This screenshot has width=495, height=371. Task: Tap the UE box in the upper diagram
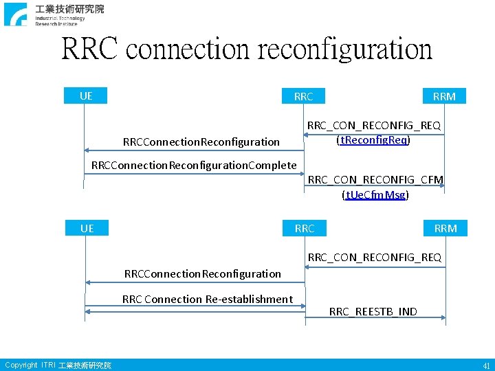pyautogui.click(x=86, y=96)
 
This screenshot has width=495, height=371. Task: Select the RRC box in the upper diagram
pyautogui.click(x=303, y=97)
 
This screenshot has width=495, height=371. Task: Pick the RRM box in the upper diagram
pyautogui.click(x=444, y=97)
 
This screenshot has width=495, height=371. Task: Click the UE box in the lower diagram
pyautogui.click(x=87, y=228)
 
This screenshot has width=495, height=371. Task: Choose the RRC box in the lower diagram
pyautogui.click(x=305, y=228)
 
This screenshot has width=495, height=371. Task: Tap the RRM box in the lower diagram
pyautogui.click(x=445, y=228)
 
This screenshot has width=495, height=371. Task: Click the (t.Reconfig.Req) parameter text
pyautogui.click(x=373, y=140)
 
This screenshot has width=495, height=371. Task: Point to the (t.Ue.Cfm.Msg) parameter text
pyautogui.click(x=375, y=195)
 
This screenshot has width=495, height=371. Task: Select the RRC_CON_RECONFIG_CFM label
pyautogui.click(x=375, y=180)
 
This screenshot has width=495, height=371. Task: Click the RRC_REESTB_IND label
pyautogui.click(x=373, y=312)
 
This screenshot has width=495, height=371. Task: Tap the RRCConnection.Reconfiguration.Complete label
pyautogui.click(x=194, y=165)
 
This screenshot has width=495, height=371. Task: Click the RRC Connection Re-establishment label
pyautogui.click(x=207, y=299)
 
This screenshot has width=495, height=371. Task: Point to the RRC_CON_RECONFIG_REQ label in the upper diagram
pyautogui.click(x=373, y=126)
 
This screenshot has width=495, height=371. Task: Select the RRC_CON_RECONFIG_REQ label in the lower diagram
pyautogui.click(x=375, y=258)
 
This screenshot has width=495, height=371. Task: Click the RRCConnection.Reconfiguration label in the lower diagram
pyautogui.click(x=203, y=273)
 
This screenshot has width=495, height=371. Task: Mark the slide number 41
pyautogui.click(x=486, y=366)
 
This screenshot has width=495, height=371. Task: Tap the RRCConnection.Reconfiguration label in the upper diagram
pyautogui.click(x=201, y=142)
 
